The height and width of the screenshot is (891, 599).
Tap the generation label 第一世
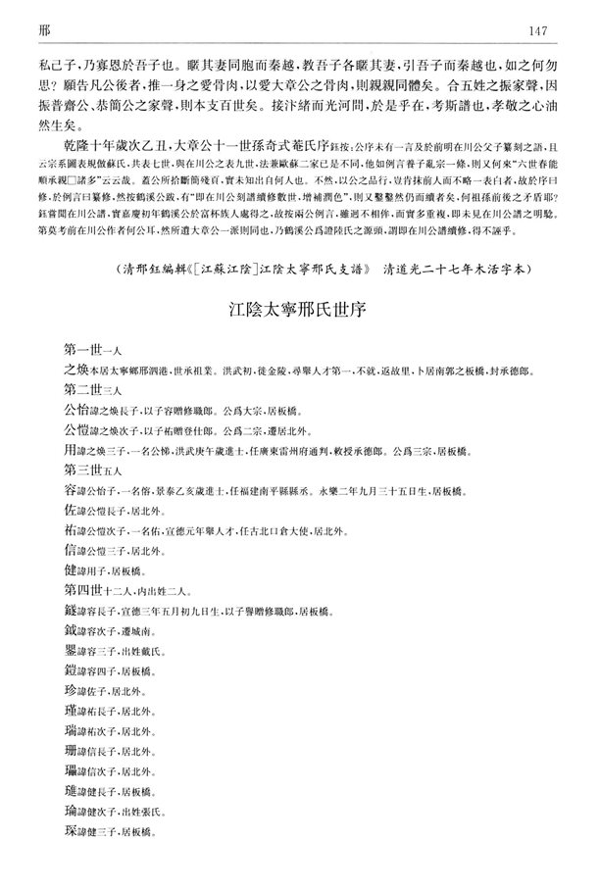(x=83, y=352)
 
